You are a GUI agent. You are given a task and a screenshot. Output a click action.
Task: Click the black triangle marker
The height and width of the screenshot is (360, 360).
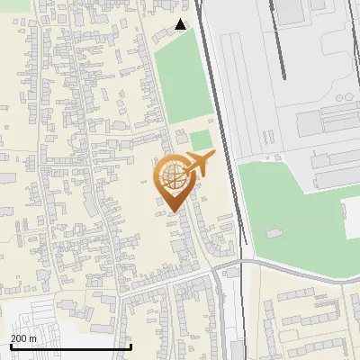(181, 24)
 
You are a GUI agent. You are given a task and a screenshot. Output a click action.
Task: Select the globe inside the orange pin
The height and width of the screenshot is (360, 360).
(173, 176)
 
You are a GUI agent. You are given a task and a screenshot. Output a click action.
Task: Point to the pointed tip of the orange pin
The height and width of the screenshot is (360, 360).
(172, 211)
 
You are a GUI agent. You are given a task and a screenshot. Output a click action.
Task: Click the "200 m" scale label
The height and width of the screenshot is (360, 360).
(23, 337)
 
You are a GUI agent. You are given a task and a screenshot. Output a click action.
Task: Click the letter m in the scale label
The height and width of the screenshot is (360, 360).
(33, 337)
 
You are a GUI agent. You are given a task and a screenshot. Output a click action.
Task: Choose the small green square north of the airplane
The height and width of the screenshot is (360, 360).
(200, 139)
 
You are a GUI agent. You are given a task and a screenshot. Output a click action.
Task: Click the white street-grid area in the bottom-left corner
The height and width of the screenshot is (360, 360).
(36, 319)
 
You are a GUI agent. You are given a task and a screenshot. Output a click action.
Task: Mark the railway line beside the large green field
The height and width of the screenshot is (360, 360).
(217, 90)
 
